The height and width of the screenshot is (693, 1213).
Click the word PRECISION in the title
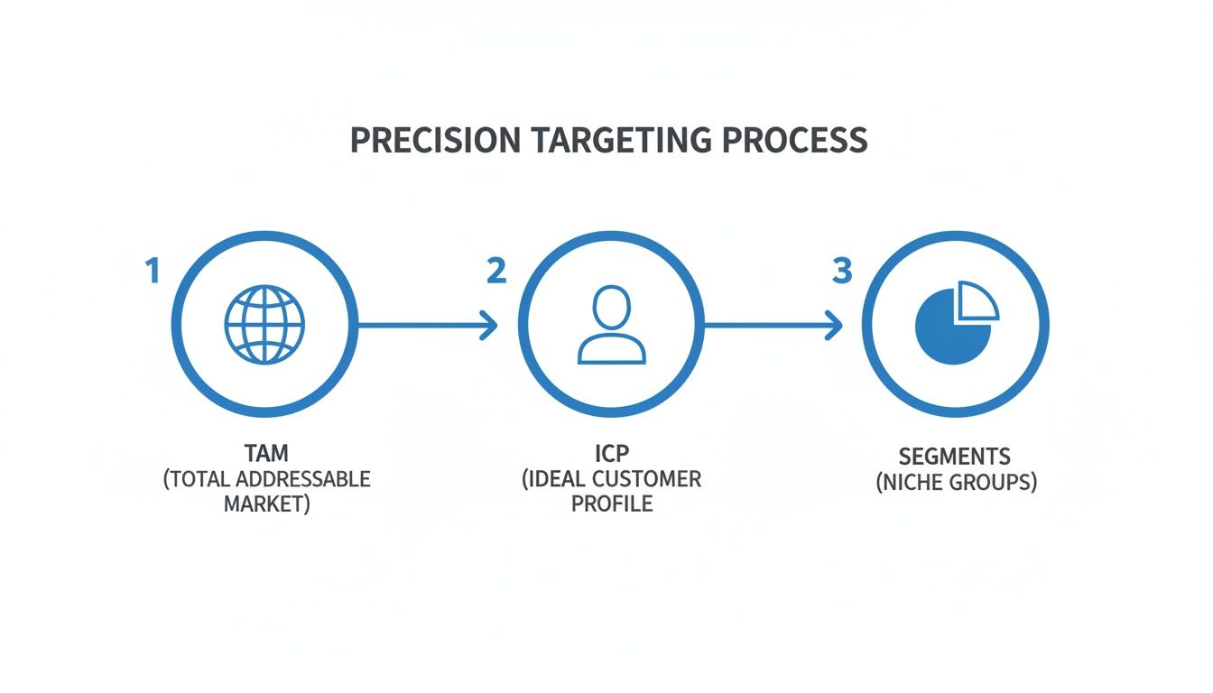(434, 141)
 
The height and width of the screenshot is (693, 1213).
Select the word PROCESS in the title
(799, 141)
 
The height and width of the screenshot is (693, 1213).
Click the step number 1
(153, 271)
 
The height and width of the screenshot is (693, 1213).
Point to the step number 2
(495, 271)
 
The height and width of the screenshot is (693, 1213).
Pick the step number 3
(841, 271)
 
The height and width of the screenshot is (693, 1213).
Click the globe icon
(264, 325)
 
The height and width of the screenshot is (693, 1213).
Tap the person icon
(612, 325)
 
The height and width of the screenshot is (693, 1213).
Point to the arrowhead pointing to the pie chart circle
(835, 325)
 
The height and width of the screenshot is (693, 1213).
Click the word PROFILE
(611, 504)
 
